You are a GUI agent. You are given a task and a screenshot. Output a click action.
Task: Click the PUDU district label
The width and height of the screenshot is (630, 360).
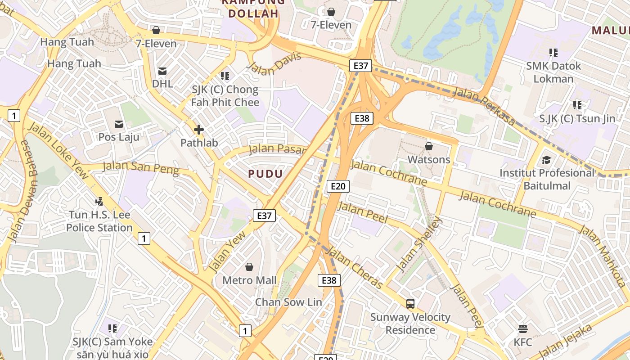(x=265, y=174)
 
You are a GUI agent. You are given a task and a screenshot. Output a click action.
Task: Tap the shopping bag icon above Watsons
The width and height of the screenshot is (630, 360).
(x=429, y=146)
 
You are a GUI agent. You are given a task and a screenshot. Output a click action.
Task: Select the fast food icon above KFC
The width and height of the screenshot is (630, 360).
(x=522, y=328)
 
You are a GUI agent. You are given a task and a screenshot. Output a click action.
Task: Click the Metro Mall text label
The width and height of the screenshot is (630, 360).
(x=249, y=280)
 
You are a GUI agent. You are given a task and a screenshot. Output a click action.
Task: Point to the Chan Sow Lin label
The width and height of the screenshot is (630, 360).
(x=288, y=302)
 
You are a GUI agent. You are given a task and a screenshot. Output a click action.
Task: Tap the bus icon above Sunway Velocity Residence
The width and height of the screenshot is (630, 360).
(x=410, y=303)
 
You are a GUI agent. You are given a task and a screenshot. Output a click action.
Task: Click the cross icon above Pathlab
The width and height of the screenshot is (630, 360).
(x=198, y=130)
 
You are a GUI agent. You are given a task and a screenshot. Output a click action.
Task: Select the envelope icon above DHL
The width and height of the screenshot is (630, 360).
(x=162, y=71)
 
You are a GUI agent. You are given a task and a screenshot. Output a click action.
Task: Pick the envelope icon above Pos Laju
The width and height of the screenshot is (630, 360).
(x=119, y=124)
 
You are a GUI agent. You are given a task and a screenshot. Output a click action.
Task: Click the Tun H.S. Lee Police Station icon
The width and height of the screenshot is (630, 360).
(x=99, y=202)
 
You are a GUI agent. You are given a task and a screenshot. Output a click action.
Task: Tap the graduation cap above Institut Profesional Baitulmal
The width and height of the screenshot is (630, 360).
(x=546, y=160)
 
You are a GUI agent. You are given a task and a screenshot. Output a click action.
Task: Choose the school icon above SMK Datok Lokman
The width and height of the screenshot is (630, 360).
(x=553, y=53)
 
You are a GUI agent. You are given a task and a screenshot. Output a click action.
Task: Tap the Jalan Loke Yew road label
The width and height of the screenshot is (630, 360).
(x=59, y=149)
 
